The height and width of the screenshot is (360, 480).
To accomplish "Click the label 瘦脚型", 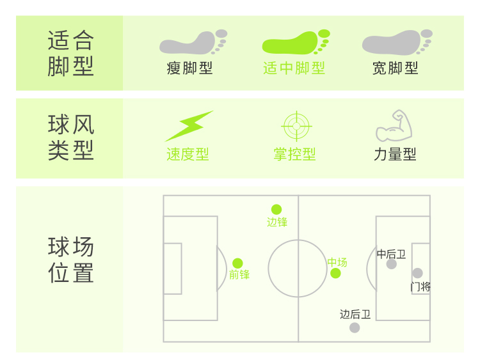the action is click(189, 68).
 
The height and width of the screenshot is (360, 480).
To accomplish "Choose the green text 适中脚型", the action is click(294, 68).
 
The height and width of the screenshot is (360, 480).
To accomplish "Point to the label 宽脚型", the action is click(396, 68).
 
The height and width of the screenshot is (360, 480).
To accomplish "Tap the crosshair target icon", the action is click(295, 126).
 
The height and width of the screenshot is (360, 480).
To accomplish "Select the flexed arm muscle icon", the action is click(394, 126).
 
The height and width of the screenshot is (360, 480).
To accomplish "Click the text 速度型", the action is click(188, 155).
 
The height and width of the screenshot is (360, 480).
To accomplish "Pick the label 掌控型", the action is click(294, 155).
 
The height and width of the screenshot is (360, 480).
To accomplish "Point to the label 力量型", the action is click(395, 155).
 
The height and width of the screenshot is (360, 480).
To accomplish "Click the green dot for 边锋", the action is click(276, 209).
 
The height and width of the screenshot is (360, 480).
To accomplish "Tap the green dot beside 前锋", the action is click(237, 263).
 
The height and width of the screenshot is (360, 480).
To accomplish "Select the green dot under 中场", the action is click(335, 274).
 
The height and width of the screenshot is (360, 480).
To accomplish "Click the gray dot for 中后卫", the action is click(392, 264).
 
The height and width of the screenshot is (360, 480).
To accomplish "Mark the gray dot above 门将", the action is click(417, 273).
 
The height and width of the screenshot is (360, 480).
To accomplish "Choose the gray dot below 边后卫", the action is click(355, 327).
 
